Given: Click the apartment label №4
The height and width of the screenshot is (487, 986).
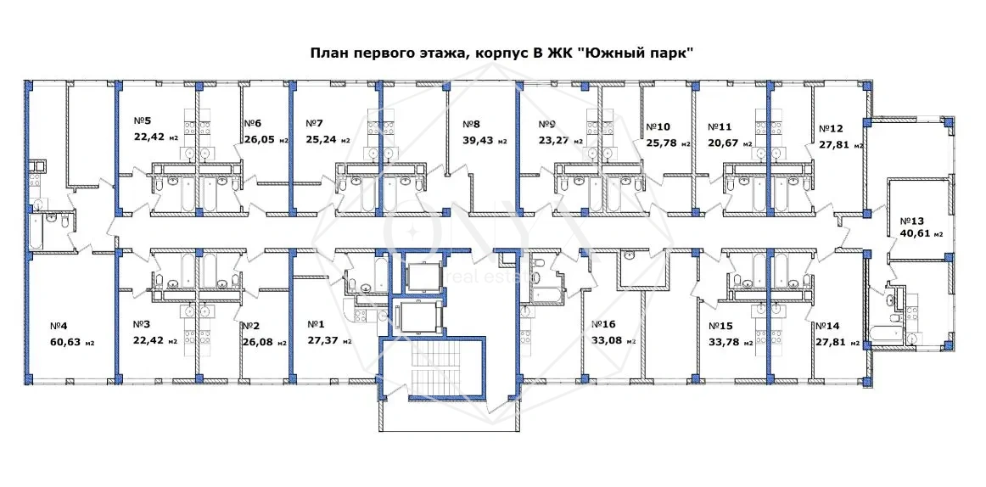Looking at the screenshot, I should click(x=59, y=326).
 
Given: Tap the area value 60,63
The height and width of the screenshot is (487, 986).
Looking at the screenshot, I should click(x=66, y=343).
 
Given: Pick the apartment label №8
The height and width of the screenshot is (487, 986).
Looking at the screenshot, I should click(x=472, y=124).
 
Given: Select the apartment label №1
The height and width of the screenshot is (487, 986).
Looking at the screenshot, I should click(x=317, y=324).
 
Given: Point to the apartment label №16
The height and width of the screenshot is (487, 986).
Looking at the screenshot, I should click(x=603, y=325).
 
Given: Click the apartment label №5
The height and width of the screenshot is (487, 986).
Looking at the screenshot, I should click(x=143, y=120).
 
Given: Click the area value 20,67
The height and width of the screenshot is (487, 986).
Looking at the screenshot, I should click(x=725, y=143).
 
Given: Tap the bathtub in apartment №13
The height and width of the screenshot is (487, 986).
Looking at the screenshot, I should click(x=887, y=333).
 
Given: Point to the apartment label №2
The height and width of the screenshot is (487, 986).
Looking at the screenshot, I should click(x=250, y=326).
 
